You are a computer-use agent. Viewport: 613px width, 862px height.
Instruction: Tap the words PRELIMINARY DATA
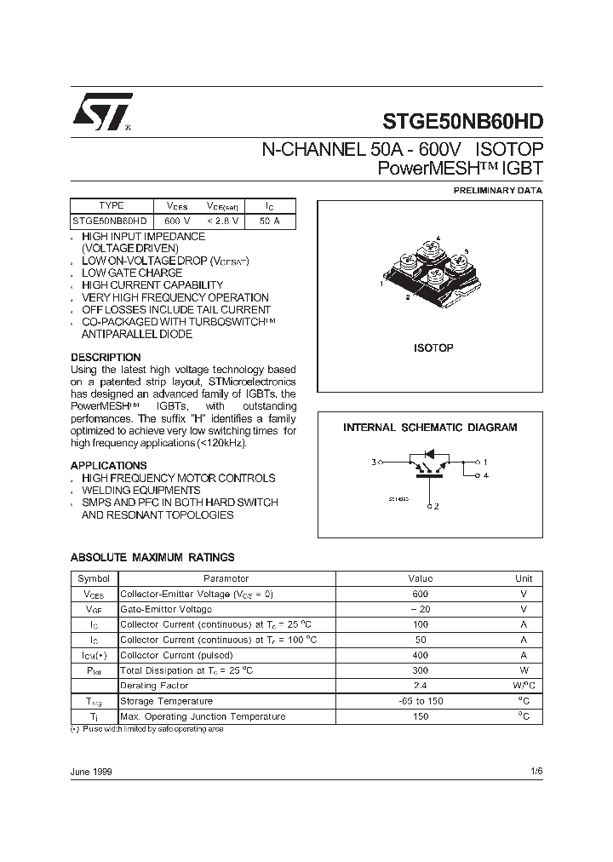[497, 191]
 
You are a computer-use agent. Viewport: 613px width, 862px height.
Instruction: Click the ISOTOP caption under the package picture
[433, 348]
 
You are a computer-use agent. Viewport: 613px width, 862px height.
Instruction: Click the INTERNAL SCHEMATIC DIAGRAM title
[430, 428]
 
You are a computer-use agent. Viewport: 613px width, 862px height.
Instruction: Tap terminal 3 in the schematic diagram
[374, 463]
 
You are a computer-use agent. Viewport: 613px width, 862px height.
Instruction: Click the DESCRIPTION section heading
[106, 357]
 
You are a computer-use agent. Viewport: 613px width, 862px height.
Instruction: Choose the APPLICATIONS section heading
[108, 466]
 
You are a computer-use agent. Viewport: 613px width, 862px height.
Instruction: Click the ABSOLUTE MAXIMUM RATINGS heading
[152, 557]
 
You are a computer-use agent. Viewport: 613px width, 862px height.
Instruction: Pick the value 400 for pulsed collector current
[420, 655]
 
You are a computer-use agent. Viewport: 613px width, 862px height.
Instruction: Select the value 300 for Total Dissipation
[420, 670]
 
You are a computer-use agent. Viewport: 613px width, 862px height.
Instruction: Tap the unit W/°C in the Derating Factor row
[524, 686]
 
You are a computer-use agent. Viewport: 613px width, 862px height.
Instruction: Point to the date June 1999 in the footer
[91, 771]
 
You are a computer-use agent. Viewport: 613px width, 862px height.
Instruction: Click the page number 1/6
[536, 771]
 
